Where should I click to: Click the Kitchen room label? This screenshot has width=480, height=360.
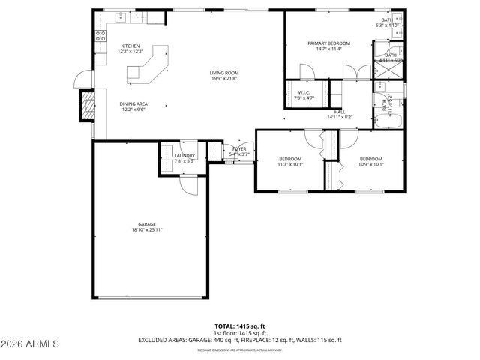coord(130,46)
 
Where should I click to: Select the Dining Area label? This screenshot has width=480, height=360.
coord(133,104)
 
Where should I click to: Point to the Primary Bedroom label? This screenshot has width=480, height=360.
coord(328,43)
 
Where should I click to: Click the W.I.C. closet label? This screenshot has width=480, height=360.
coord(293,92)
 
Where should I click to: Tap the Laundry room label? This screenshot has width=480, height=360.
coord(184,155)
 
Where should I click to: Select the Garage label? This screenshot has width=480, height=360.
coord(146,224)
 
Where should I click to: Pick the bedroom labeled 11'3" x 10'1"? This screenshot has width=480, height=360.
coord(290,159)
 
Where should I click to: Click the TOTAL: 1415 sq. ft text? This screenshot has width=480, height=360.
coord(240,326)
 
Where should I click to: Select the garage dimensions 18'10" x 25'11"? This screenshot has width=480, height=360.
coord(146,229)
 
